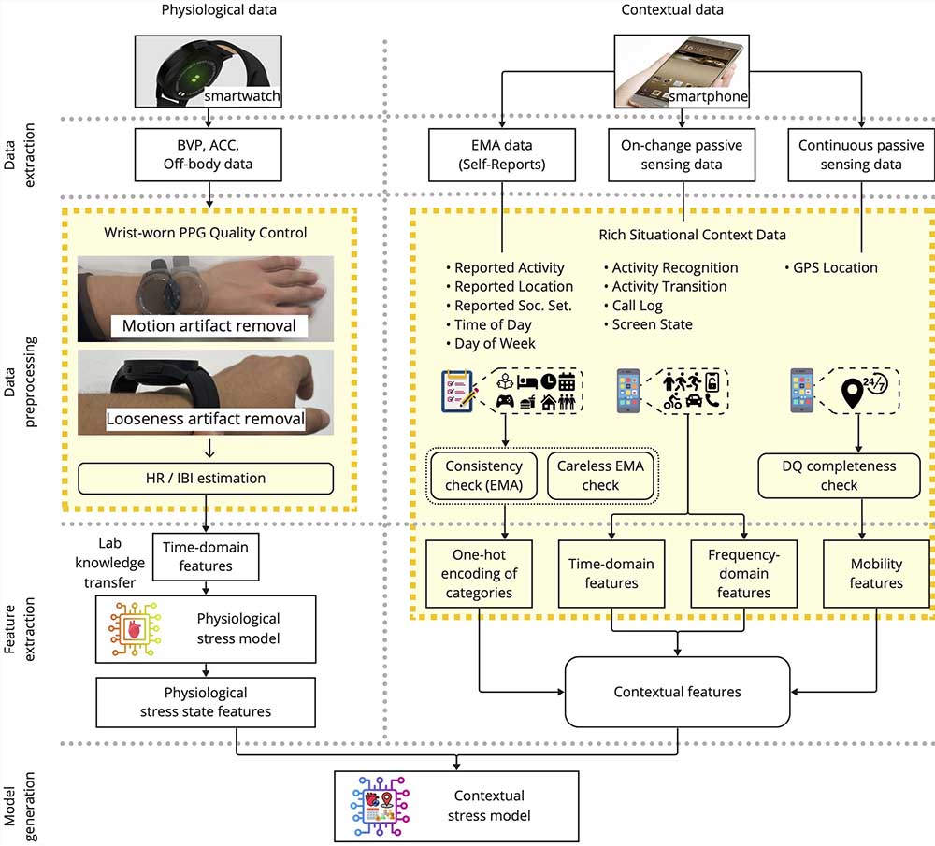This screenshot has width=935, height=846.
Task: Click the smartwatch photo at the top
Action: click(209, 71)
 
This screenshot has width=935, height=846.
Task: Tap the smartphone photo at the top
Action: click(682, 71)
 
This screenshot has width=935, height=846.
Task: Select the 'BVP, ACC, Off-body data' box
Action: click(209, 154)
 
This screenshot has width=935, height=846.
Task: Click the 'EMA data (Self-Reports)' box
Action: click(502, 154)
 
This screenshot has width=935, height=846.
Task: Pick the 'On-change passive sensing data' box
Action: click(682, 154)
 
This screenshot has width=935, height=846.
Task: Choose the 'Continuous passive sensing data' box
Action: click(861, 154)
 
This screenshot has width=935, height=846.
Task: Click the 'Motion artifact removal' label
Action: click(209, 325)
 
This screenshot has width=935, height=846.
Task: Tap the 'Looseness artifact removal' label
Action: click(205, 419)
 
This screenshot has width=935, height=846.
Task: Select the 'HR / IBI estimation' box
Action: click(206, 478)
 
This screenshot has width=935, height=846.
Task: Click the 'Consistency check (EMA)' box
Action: click(483, 475)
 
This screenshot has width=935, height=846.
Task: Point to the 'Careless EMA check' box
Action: click(600, 475)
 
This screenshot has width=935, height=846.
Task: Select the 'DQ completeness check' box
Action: click(839, 475)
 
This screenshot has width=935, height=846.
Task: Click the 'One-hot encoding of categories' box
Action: click(479, 574)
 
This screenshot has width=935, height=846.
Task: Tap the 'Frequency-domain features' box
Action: click(743, 574)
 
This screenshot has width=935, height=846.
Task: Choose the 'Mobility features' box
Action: click(876, 574)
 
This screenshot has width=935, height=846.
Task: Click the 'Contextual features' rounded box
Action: click(677, 692)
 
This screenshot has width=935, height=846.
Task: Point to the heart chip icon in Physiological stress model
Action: click(135, 629)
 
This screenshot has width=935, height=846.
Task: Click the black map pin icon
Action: click(852, 393)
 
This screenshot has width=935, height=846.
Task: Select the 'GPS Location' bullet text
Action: click(831, 267)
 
